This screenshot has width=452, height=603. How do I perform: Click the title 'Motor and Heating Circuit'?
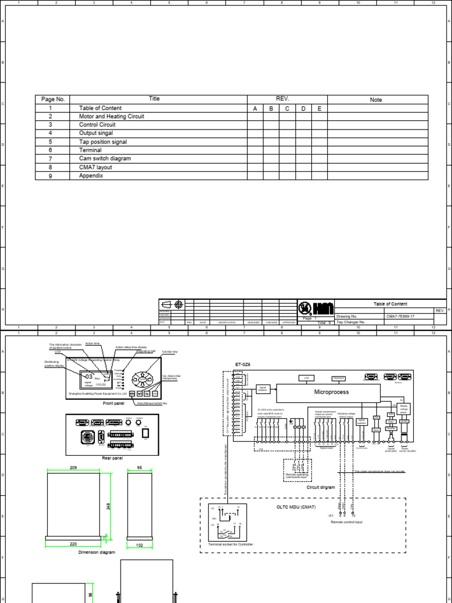click(111, 117)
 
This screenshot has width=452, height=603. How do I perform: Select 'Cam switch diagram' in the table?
click(105, 159)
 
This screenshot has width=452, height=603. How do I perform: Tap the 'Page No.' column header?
click(53, 100)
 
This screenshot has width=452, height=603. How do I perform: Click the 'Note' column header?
click(376, 100)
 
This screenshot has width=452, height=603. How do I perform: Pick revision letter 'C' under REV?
click(287, 109)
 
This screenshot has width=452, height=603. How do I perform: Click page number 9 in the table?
click(51, 176)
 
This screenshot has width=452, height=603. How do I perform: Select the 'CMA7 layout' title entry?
click(95, 167)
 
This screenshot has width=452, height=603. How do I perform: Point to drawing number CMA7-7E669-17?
click(400, 316)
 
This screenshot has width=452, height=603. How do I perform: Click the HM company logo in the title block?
click(316, 308)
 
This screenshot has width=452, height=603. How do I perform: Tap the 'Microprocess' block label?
click(331, 392)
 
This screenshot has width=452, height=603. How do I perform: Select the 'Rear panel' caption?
click(112, 458)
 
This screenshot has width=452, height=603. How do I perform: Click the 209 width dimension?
click(73, 466)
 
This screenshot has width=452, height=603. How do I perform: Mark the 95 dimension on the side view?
click(139, 466)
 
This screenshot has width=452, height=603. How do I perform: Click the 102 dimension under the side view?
click(139, 545)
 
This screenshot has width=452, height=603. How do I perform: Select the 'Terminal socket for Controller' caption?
click(231, 545)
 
